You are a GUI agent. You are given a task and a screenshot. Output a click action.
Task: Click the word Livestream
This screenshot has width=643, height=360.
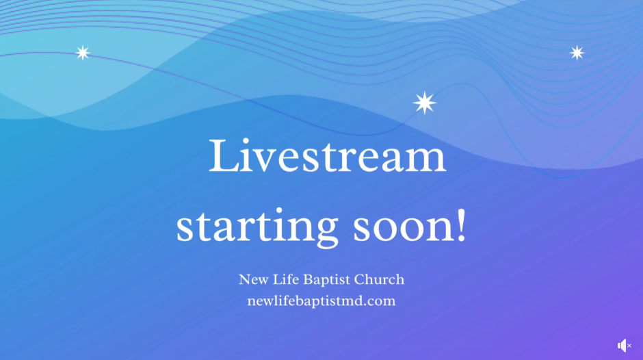pyautogui.click(x=327, y=156)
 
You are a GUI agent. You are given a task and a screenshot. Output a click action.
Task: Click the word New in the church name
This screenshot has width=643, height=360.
pyautogui.click(x=252, y=279)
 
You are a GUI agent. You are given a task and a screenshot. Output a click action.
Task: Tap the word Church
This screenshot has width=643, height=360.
pyautogui.click(x=381, y=279)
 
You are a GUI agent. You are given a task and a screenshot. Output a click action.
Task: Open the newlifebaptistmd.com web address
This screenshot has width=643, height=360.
pyautogui.click(x=321, y=300)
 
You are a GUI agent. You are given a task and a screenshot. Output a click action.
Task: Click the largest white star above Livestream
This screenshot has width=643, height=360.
pyautogui.click(x=424, y=103)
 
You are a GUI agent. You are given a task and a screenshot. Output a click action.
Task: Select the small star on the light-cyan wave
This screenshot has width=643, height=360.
pyautogui.click(x=83, y=53)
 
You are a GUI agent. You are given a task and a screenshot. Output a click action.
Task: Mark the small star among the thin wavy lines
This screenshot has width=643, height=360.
pyautogui.click(x=577, y=53)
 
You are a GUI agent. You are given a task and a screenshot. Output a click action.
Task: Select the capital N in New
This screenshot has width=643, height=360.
pyautogui.click(x=244, y=279)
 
